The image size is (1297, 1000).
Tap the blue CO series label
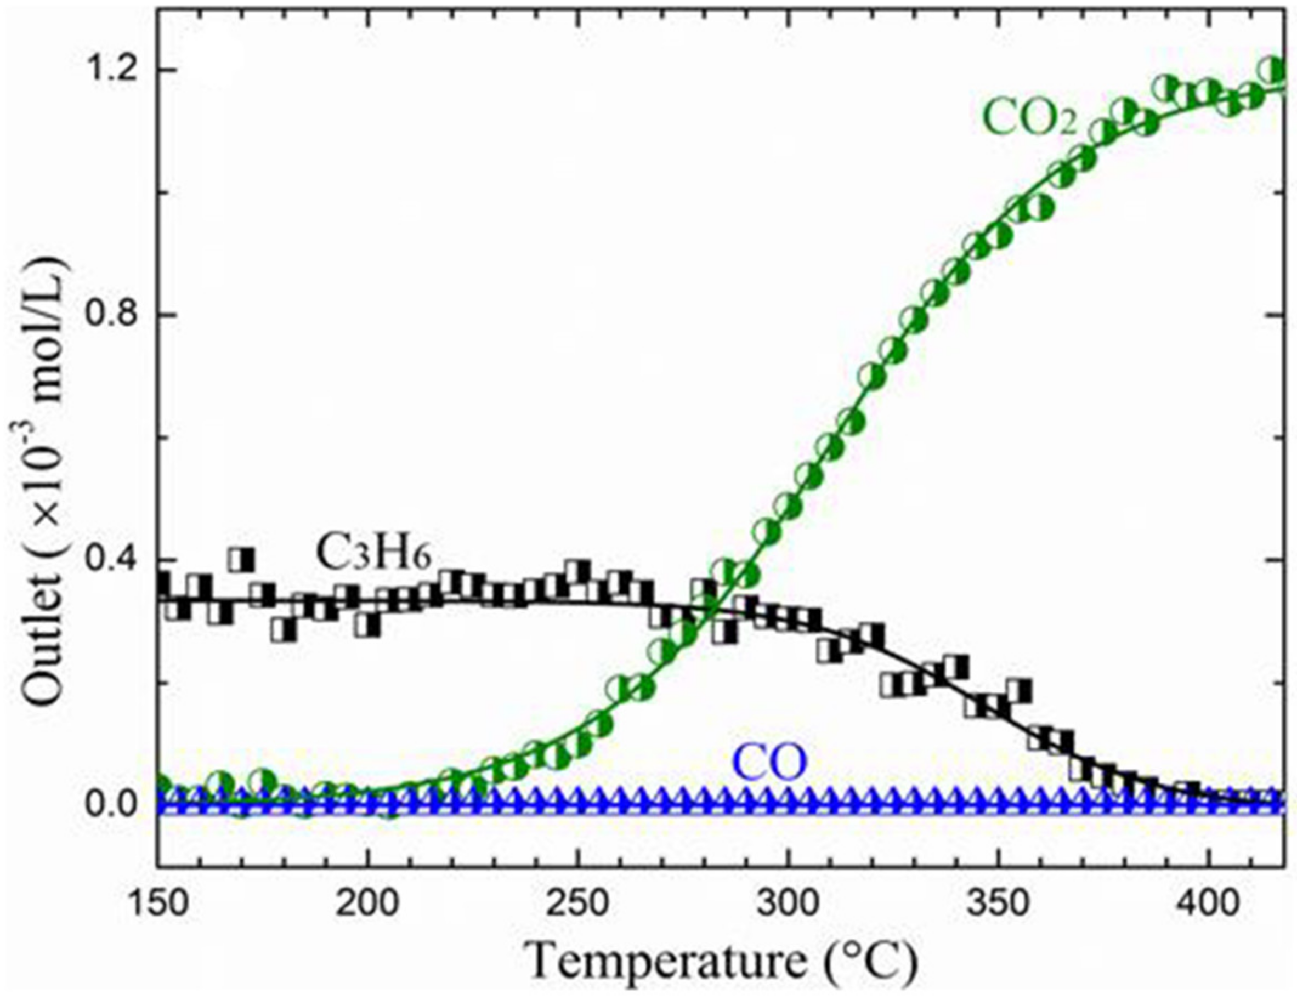pos(770,764)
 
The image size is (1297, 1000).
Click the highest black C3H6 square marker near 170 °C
pos(242,560)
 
